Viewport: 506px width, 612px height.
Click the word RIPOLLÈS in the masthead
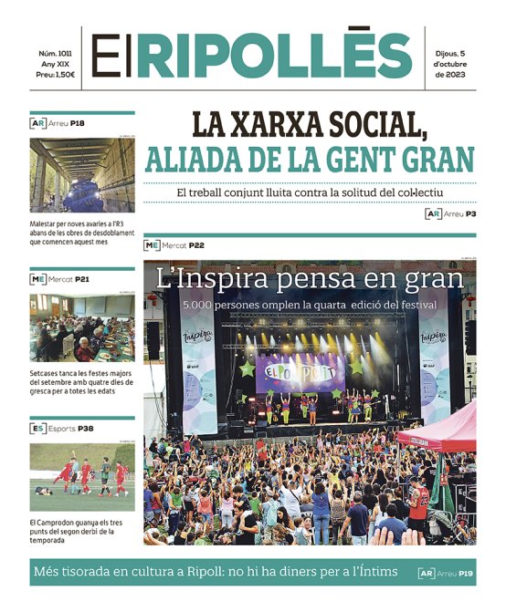click(x=274, y=57)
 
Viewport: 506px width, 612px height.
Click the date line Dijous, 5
click(x=458, y=52)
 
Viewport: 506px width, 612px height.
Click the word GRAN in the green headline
click(x=432, y=160)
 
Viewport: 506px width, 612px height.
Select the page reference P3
click(x=471, y=213)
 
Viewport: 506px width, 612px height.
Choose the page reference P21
click(x=82, y=278)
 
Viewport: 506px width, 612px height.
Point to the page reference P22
click(x=197, y=245)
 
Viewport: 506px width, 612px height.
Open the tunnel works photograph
click(x=82, y=175)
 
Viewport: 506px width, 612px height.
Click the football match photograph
click(x=82, y=477)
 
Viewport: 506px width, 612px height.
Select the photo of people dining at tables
click(x=82, y=327)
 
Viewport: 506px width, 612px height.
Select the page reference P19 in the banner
click(x=467, y=573)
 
